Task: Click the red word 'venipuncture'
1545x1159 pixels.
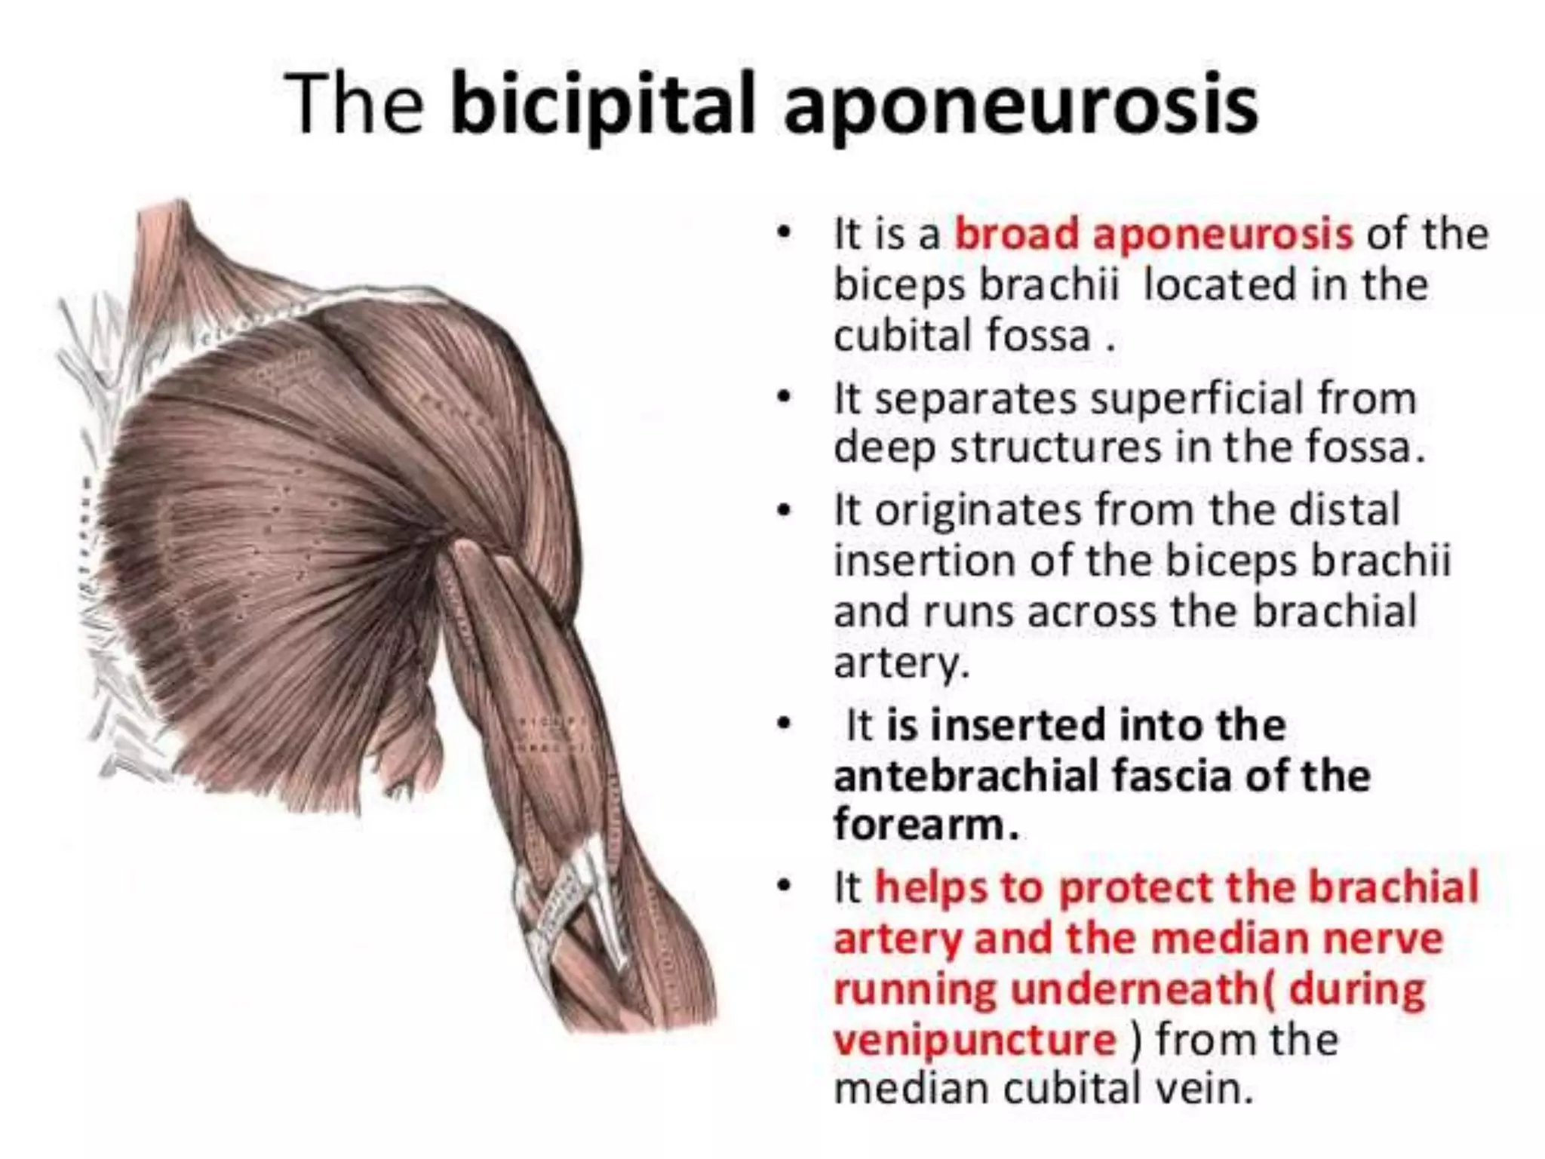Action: (974, 1040)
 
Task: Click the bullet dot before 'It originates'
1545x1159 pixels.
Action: (785, 510)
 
